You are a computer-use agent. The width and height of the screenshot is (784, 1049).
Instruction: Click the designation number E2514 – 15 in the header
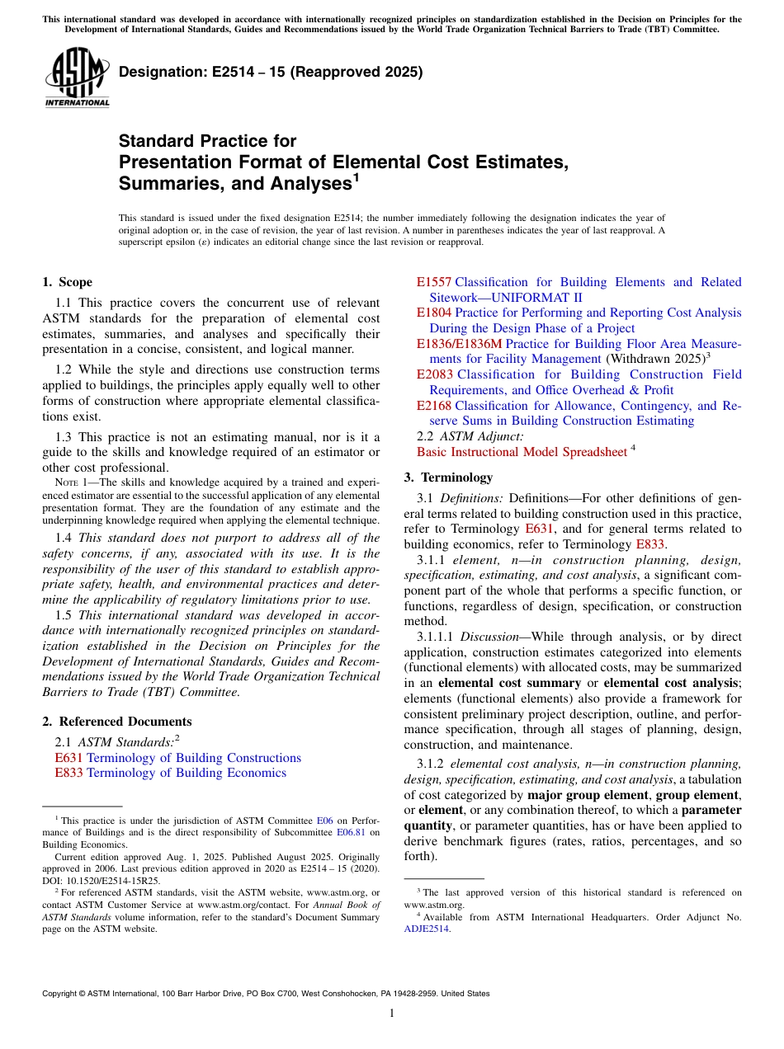(x=271, y=72)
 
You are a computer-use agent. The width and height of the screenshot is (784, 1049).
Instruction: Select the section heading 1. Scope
(x=68, y=282)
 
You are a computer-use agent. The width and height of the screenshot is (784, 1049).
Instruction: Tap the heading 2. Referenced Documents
(x=117, y=722)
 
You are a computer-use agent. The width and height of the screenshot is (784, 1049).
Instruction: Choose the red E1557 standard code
(x=434, y=282)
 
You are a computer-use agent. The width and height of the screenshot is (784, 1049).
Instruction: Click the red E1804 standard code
(x=434, y=313)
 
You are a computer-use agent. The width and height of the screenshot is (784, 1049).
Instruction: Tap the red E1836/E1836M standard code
(x=459, y=344)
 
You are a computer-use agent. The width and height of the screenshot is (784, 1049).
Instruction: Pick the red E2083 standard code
(x=434, y=374)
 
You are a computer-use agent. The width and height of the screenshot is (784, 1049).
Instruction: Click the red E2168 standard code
(x=434, y=406)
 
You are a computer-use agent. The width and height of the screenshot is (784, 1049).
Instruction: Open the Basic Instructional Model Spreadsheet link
(x=522, y=452)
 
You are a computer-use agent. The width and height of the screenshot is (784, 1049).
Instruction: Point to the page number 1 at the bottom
(x=392, y=1013)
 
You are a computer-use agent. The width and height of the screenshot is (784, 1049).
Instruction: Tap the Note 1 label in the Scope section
(x=68, y=482)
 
